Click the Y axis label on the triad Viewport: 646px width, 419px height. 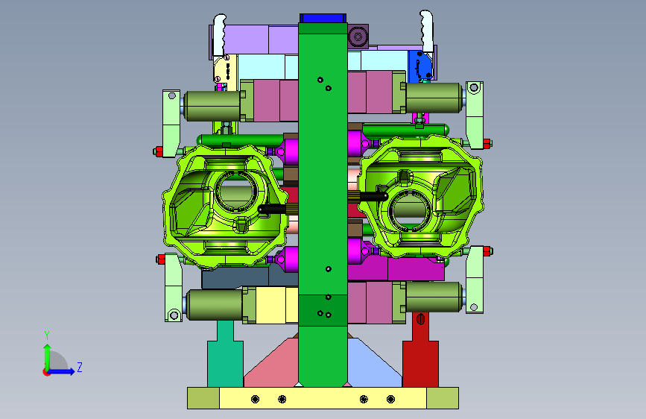tap(47, 335)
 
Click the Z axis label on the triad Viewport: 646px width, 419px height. tap(80, 367)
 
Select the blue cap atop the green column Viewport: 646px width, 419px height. tap(323, 18)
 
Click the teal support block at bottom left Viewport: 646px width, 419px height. tap(225, 359)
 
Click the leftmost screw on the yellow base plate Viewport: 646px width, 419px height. tap(255, 399)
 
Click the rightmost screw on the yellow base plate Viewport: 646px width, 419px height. tap(390, 399)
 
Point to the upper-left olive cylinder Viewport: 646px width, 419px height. tap(212, 106)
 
